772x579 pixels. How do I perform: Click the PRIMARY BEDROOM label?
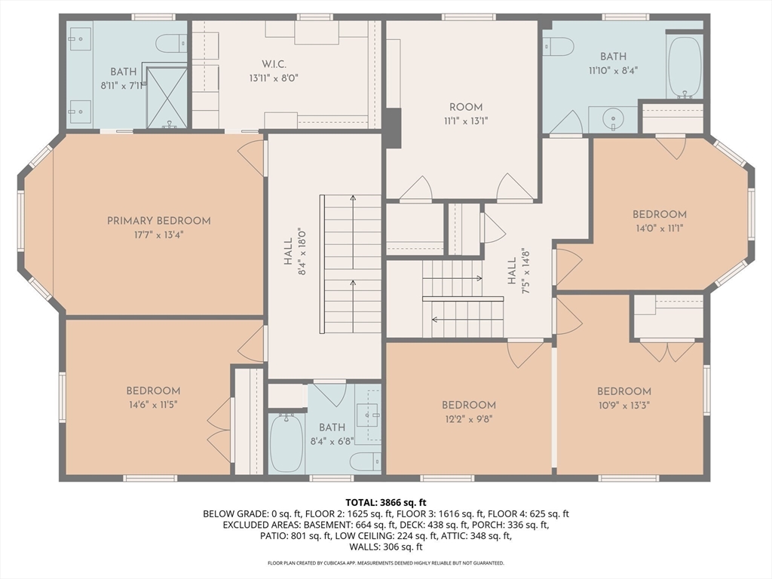click(159, 221)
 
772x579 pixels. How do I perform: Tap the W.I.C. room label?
click(274, 65)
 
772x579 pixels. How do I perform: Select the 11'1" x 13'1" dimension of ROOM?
click(466, 121)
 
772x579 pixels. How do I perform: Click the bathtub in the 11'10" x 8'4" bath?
click(685, 67)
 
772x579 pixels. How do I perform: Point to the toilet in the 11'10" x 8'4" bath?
click(559, 47)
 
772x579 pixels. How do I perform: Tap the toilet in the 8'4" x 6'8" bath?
click(366, 461)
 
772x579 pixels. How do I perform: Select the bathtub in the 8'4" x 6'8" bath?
click(286, 443)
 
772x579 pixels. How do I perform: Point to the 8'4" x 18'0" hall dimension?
click(302, 252)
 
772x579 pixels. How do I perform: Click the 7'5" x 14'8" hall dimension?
click(525, 271)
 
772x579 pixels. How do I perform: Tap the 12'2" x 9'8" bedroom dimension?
click(468, 419)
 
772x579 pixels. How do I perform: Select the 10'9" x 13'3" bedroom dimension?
click(623, 405)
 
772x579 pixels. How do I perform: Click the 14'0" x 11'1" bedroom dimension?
click(659, 228)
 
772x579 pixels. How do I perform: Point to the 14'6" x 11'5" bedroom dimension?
click(153, 405)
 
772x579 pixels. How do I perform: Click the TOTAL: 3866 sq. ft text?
click(386, 503)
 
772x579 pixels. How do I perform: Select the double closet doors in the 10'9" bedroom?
click(666, 351)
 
